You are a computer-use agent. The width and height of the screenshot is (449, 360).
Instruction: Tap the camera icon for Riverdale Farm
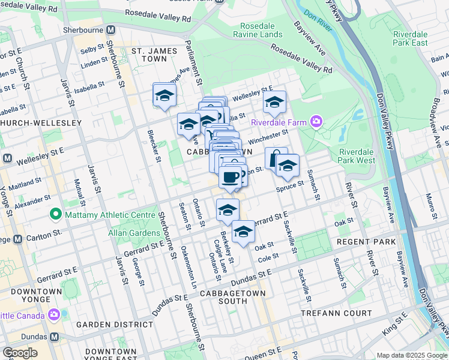pos(316,122)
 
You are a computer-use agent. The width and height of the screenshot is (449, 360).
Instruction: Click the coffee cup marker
pos(230,177)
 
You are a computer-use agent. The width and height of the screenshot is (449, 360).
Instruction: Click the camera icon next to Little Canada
pos(54,314)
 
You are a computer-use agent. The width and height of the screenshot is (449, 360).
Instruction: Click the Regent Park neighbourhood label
pos(366,242)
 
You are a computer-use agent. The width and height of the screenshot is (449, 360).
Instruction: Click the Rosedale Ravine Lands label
pos(267,31)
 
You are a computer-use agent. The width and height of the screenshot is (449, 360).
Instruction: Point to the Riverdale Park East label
pos(411,38)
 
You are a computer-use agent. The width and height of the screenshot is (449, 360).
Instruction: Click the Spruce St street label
pos(291,188)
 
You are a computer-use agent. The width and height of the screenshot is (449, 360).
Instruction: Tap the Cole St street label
pos(267,256)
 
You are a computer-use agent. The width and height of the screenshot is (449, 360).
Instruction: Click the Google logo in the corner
pos(20,353)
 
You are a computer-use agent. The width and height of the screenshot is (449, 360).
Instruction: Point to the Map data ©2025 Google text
pos(411,355)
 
